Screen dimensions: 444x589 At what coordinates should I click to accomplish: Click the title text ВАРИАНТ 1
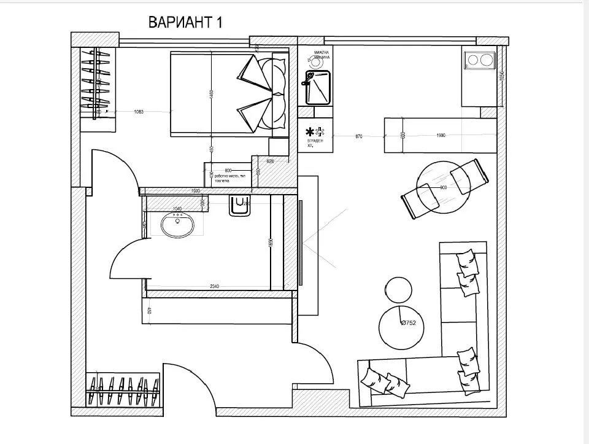pos(185,23)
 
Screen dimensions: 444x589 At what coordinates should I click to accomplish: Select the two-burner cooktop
pos(479,61)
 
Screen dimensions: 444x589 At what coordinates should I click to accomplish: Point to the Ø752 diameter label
pos(412,322)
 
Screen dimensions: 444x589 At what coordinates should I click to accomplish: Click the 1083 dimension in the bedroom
pos(142,112)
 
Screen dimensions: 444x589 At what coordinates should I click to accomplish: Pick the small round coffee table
pos(398,289)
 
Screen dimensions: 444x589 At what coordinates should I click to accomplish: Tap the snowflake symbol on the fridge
pos(310,130)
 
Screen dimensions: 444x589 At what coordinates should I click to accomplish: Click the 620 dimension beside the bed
pos(270,161)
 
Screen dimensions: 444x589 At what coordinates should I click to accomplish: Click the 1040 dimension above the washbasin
pos(179,209)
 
